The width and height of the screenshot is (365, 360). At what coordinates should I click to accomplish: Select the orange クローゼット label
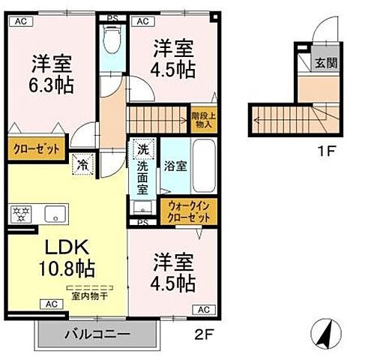click(34, 148)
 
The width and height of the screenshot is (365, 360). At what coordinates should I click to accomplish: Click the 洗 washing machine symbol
click(142, 150)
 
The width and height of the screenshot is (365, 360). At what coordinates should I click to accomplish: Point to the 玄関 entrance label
click(325, 63)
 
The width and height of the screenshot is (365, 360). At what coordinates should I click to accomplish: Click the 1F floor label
click(324, 151)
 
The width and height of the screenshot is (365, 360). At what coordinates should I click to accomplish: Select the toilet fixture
click(113, 40)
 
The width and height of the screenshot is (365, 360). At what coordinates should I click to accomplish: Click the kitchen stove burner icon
click(20, 213)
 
